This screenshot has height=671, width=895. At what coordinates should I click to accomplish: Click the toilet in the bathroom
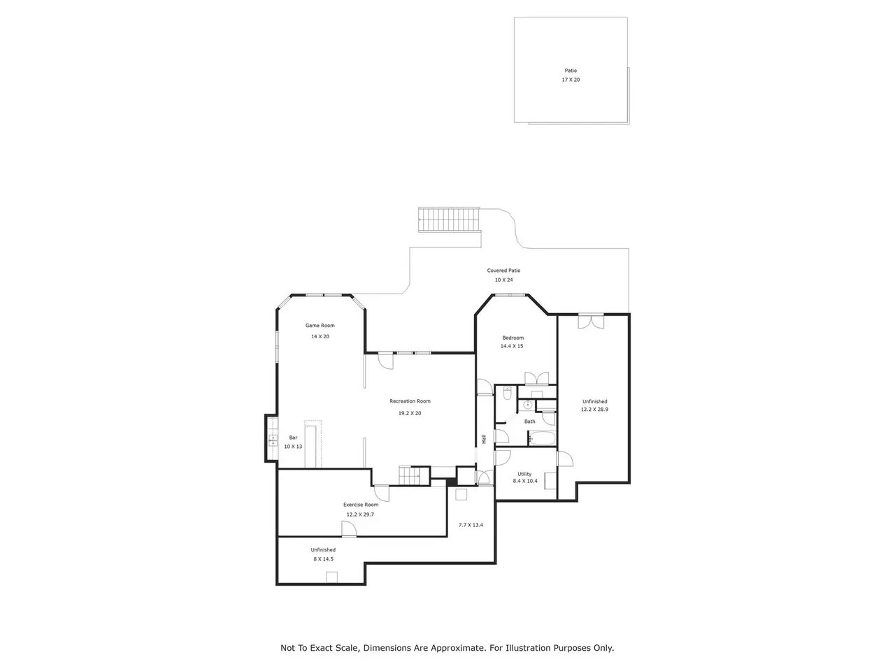(x=507, y=393)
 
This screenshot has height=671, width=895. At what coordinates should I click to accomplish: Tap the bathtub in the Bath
(x=542, y=439)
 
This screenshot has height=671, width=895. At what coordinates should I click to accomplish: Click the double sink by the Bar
(x=273, y=440)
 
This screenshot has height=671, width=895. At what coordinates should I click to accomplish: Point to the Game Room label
(x=320, y=326)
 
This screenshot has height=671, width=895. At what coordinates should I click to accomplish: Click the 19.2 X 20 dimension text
(x=410, y=413)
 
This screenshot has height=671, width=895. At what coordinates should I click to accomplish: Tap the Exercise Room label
(x=361, y=505)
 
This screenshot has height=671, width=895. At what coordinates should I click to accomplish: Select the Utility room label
(x=524, y=474)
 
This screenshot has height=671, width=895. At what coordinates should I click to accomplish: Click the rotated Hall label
(x=484, y=439)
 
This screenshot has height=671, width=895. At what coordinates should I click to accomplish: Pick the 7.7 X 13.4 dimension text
(x=471, y=525)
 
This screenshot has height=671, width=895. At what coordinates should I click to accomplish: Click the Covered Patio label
(x=503, y=270)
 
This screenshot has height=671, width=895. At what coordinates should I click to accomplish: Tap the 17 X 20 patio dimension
(x=571, y=80)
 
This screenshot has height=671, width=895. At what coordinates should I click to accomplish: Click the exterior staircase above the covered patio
(x=450, y=220)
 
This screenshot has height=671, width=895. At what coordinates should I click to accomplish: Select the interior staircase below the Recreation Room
(x=409, y=475)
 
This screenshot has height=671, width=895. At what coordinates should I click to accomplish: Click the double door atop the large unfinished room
(x=592, y=321)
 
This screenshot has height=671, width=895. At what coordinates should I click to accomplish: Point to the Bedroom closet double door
(x=536, y=378)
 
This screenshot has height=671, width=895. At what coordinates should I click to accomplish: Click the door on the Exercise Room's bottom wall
(x=349, y=529)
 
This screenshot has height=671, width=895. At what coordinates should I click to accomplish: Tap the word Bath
(x=530, y=421)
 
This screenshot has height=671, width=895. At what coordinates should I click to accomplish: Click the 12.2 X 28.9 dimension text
(x=594, y=410)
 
